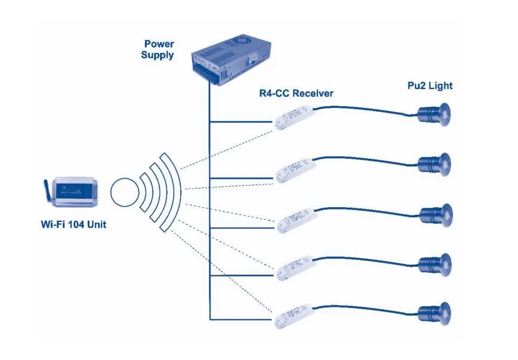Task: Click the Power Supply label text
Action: pyautogui.click(x=158, y=50)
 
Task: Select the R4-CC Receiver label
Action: pyautogui.click(x=296, y=93)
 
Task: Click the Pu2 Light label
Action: pyautogui.click(x=430, y=86)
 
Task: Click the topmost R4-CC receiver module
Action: pyautogui.click(x=294, y=116)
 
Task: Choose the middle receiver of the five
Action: pyautogui.click(x=294, y=219)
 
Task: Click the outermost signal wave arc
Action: pyautogui.click(x=177, y=191)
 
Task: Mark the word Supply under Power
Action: pyautogui.click(x=158, y=56)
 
